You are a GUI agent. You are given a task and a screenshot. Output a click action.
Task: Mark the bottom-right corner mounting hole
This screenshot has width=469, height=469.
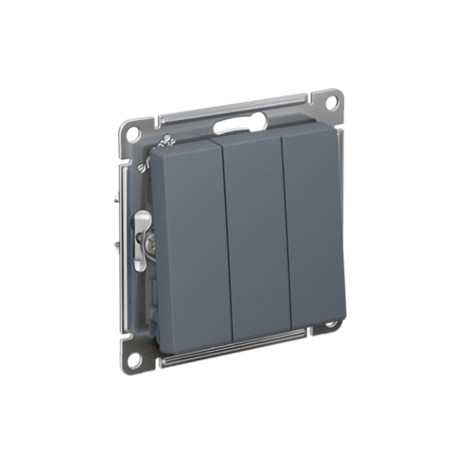coord(330,325)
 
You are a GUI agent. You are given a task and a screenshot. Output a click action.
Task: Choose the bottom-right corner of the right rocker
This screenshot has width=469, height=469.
coord(343,320)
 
